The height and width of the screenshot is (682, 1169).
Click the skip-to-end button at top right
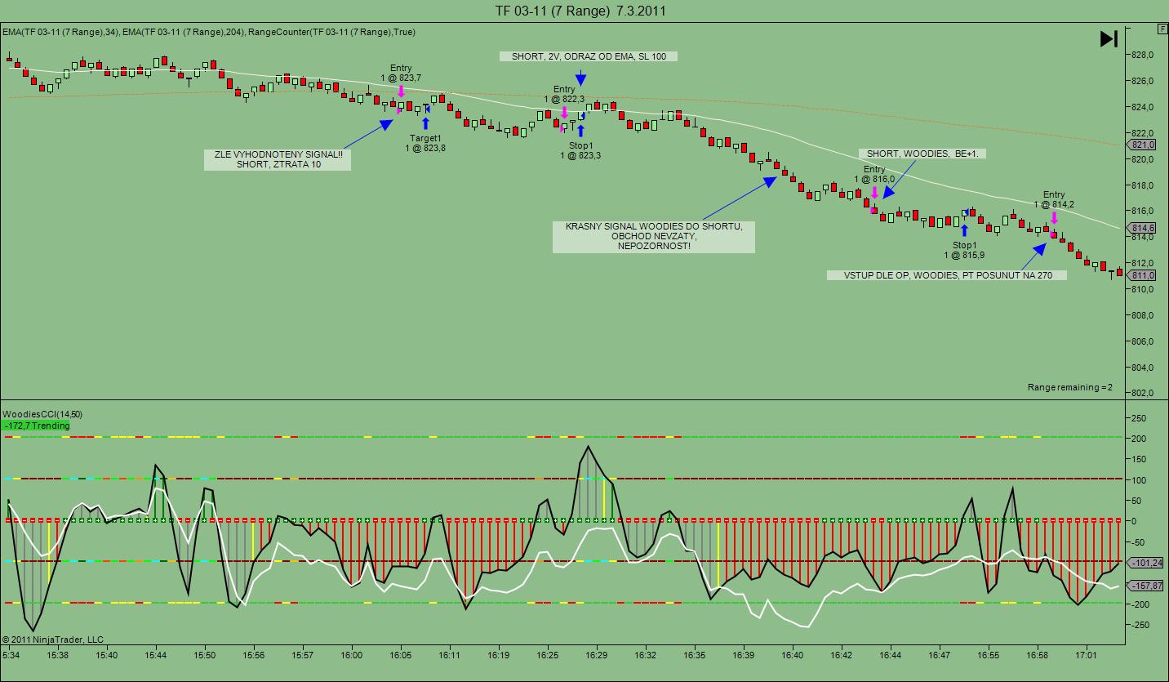click(1108, 38)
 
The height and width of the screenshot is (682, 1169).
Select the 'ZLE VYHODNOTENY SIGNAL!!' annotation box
click(278, 158)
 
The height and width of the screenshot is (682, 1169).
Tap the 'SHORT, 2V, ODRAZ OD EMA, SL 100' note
click(589, 56)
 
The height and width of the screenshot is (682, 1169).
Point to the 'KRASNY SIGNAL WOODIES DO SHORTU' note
click(653, 236)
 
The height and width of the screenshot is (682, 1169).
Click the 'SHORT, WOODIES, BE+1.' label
click(922, 154)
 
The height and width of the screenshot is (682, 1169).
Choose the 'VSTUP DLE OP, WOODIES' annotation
click(947, 275)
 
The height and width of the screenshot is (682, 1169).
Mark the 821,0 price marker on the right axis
click(1144, 145)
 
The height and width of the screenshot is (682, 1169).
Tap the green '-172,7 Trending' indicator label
click(37, 426)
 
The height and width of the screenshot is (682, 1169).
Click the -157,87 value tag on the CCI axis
click(1147, 586)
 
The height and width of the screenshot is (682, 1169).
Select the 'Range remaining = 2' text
click(1069, 387)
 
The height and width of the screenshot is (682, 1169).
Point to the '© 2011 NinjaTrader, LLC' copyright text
click(53, 640)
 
